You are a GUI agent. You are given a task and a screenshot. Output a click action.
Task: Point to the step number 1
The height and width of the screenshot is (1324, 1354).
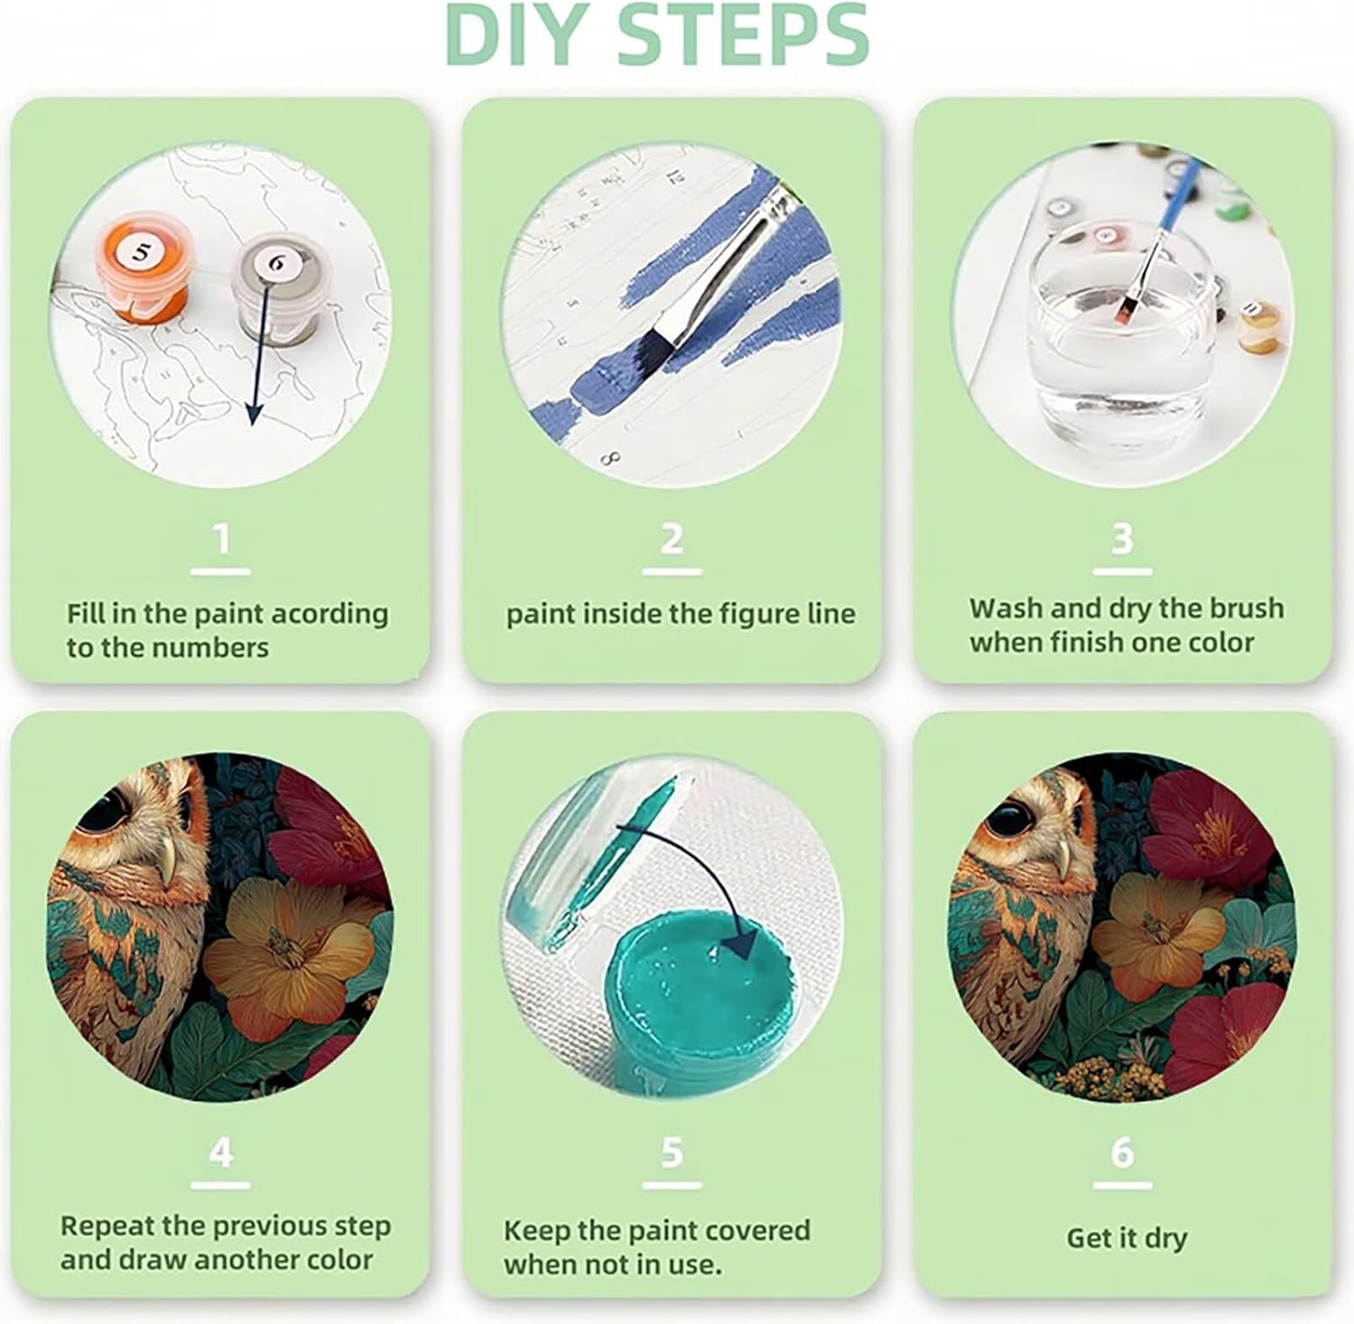[x=221, y=539]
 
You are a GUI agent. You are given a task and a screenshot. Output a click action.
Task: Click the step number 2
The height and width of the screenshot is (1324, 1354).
[x=672, y=539]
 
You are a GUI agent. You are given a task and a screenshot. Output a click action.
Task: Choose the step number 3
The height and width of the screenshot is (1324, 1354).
[x=1122, y=539]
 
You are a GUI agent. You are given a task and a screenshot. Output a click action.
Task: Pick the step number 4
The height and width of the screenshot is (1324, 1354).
[x=221, y=1152]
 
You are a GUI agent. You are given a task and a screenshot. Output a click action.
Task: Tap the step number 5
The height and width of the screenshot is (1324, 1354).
[x=672, y=1152]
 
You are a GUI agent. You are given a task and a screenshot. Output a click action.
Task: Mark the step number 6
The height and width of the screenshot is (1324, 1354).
[x=1122, y=1152]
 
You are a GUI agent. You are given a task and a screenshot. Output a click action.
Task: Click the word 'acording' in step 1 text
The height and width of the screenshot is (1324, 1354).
[x=330, y=614]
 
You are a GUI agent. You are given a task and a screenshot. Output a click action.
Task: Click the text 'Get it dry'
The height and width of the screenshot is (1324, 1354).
[x=1127, y=1238]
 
